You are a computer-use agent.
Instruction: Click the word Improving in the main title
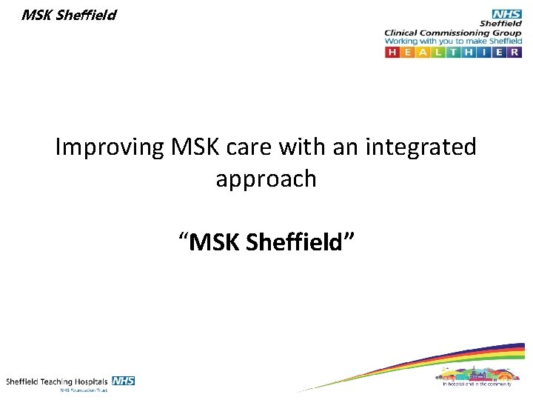coord(110,147)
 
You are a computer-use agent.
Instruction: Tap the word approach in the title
coord(266,179)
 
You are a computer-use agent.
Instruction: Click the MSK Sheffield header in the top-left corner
coord(69,15)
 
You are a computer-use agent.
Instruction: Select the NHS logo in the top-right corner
coord(506,14)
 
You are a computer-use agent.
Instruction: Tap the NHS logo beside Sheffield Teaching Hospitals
coord(123,381)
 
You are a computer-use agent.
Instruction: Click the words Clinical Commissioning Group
coord(452,33)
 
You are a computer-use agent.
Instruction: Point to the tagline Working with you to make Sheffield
coord(452,42)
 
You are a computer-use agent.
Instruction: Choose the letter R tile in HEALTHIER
coord(515,53)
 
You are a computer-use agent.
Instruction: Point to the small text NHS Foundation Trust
coord(84,390)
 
